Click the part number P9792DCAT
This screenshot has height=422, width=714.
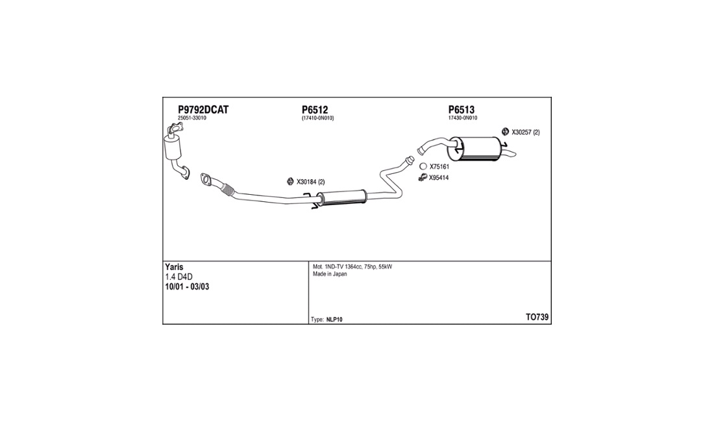[x=203, y=110]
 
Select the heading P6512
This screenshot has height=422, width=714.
[x=315, y=110]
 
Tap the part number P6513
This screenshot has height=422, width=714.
[x=462, y=110]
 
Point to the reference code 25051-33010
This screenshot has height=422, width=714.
[x=191, y=118]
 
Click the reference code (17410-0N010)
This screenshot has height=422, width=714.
[x=318, y=118]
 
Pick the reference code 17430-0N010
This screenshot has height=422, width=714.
[x=463, y=118]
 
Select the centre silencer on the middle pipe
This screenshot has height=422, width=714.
[x=343, y=197]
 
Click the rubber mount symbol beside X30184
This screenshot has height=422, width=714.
[x=290, y=182]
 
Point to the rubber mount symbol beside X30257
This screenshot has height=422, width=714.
[x=505, y=132]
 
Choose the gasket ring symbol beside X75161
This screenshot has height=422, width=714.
[x=423, y=167]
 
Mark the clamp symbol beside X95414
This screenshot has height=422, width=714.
[x=423, y=177]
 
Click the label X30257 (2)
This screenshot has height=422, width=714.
[x=526, y=132]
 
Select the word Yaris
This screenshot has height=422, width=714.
[x=174, y=267]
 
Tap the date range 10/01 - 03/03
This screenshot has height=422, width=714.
[x=187, y=287]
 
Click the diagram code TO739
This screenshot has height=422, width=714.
[x=537, y=317]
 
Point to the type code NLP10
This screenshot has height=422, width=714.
[x=334, y=319]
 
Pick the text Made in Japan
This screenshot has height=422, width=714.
[x=330, y=274]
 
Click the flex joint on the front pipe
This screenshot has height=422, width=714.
[x=227, y=190]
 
